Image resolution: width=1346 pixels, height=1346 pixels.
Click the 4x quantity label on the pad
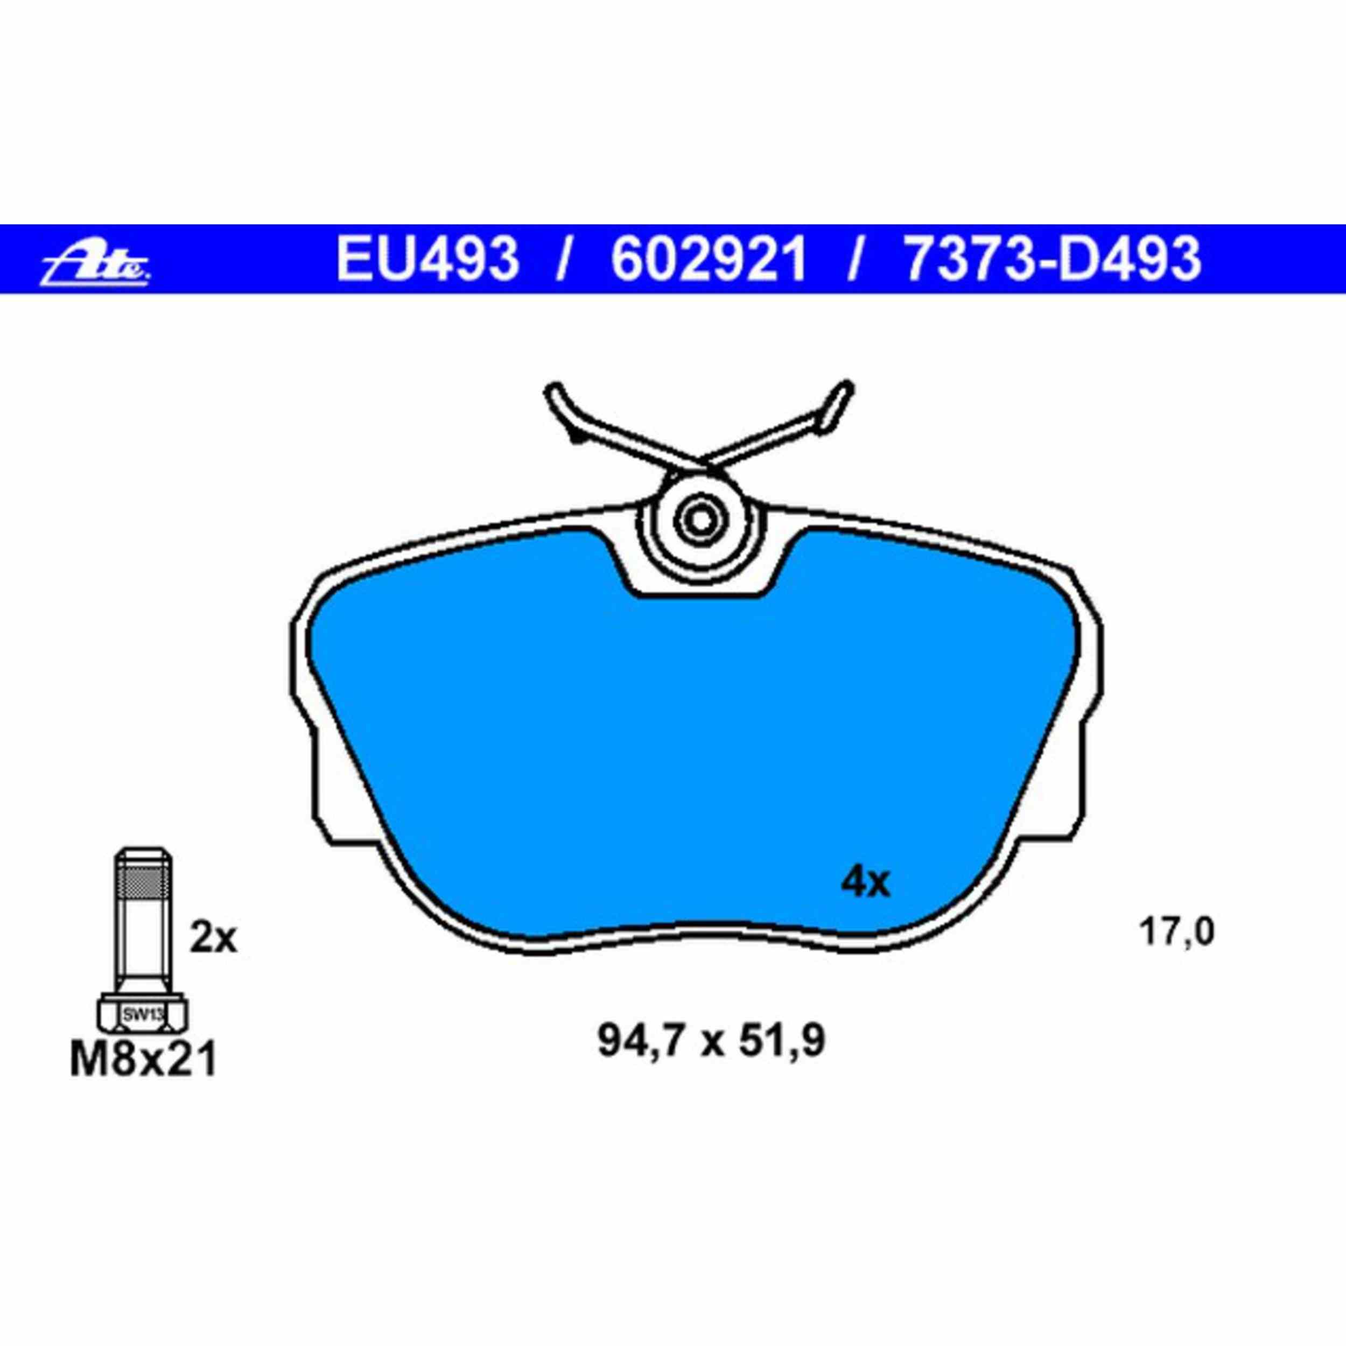click(x=866, y=884)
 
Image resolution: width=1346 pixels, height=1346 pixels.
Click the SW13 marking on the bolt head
click(x=142, y=1014)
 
